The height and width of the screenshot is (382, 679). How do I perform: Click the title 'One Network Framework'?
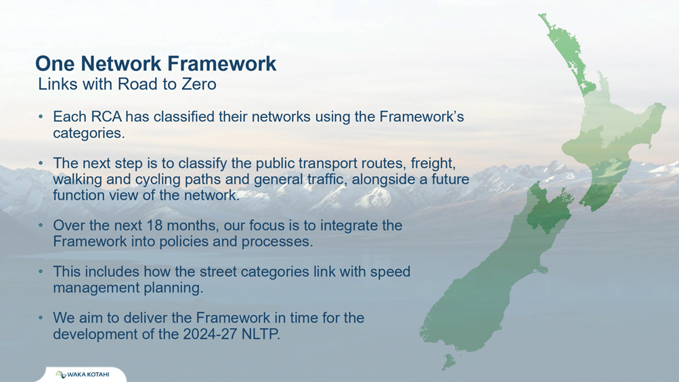point(156,63)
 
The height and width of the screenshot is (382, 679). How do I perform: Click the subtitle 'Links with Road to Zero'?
point(127,84)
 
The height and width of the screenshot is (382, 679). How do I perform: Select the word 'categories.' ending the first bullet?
point(89,133)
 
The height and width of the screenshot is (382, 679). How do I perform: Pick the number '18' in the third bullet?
point(154,226)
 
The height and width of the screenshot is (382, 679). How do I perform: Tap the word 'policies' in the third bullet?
point(184,241)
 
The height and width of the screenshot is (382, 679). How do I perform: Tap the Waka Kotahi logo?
point(83,374)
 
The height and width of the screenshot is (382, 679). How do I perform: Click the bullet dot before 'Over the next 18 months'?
point(41,226)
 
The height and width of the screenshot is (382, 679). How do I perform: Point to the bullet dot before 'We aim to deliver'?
point(41,318)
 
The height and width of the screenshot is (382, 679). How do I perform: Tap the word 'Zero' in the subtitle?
point(199,84)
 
